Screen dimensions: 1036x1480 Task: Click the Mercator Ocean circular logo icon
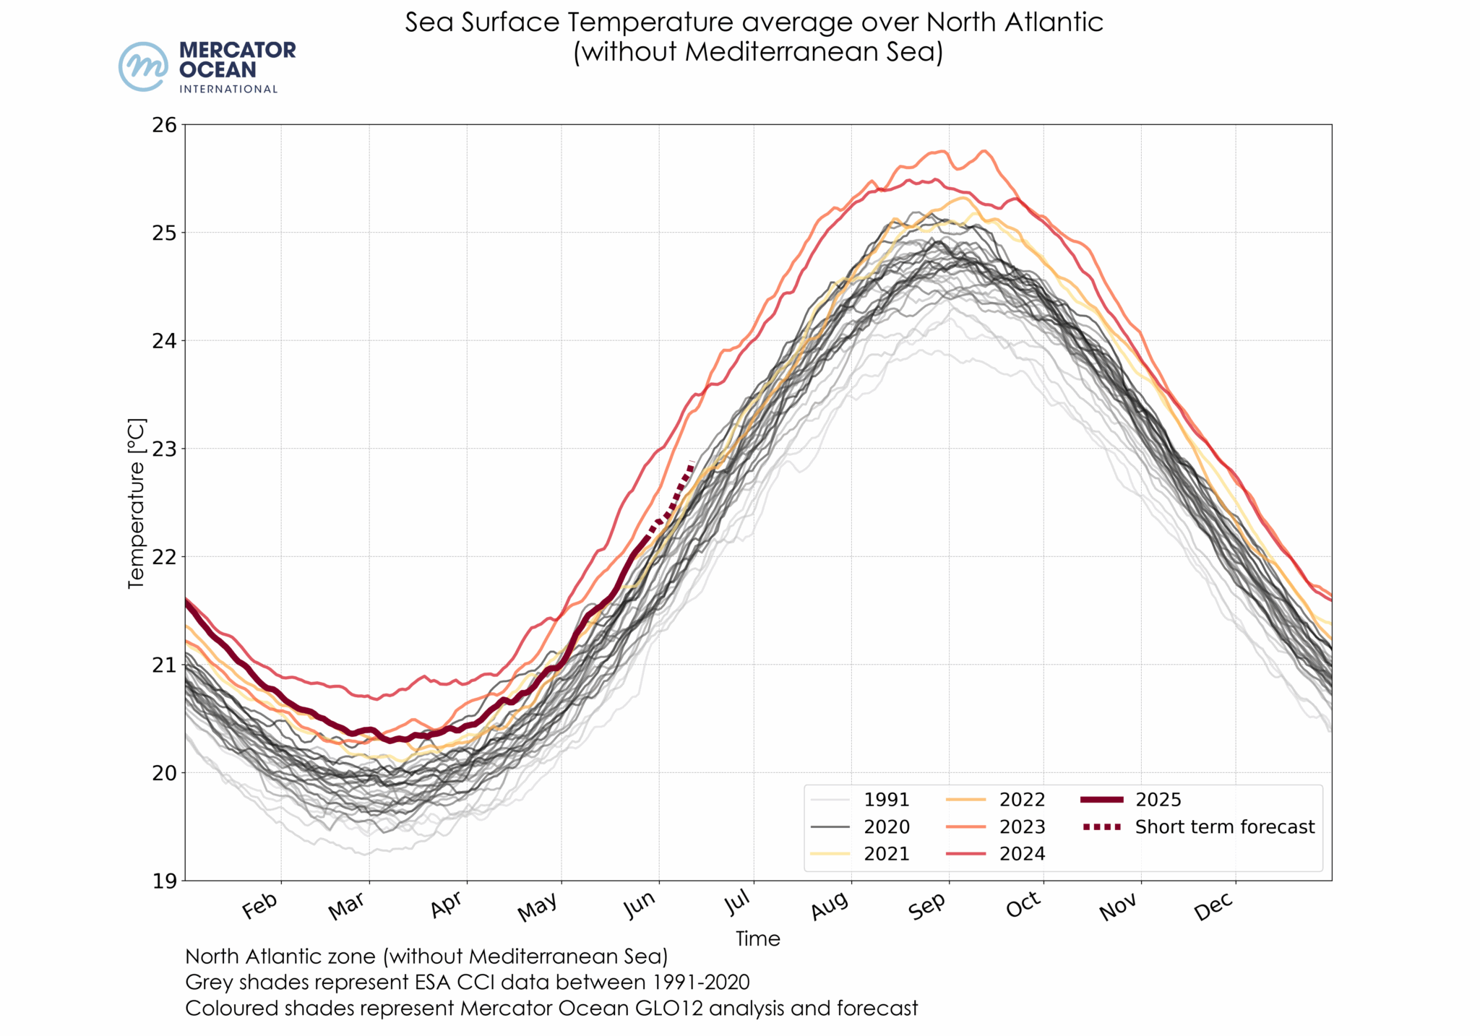coord(144,66)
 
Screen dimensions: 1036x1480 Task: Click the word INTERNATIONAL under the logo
coord(228,89)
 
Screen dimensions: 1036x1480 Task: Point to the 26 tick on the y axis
coord(164,125)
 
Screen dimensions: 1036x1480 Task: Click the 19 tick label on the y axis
coord(164,881)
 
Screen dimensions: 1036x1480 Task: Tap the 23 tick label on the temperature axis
coord(164,449)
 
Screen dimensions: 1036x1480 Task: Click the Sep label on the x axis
coord(927,906)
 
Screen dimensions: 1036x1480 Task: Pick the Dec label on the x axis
coord(1214,906)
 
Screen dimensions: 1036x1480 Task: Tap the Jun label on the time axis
coord(640,906)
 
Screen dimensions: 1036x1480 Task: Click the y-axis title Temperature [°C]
coord(136,503)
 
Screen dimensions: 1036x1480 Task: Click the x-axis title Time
coord(757,938)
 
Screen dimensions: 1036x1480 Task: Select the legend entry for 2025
coord(1158,800)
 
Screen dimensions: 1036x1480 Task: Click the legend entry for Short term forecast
coord(1224,826)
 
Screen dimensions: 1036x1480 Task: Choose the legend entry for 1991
coord(886,800)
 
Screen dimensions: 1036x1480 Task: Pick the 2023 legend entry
coord(1022,826)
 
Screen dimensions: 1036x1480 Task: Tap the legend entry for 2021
coord(886,854)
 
